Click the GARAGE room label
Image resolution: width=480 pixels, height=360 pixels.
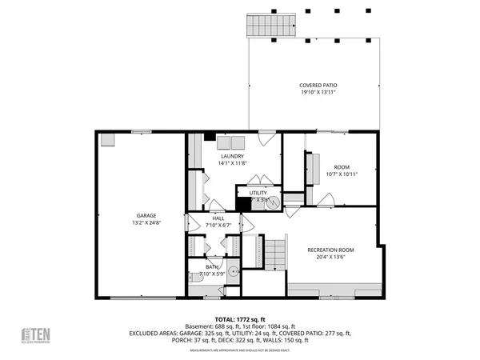click(x=146, y=215)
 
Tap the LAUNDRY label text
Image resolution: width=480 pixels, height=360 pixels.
click(x=232, y=156)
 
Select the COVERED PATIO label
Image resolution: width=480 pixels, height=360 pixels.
click(x=317, y=85)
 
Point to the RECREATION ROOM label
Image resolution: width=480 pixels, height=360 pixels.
click(x=330, y=250)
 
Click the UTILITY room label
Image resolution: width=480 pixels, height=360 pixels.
click(x=258, y=193)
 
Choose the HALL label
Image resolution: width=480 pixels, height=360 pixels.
click(x=218, y=218)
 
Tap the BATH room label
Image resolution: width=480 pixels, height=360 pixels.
click(x=212, y=266)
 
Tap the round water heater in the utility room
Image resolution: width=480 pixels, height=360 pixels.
click(x=271, y=203)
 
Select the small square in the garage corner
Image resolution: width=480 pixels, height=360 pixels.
click(x=108, y=141)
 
